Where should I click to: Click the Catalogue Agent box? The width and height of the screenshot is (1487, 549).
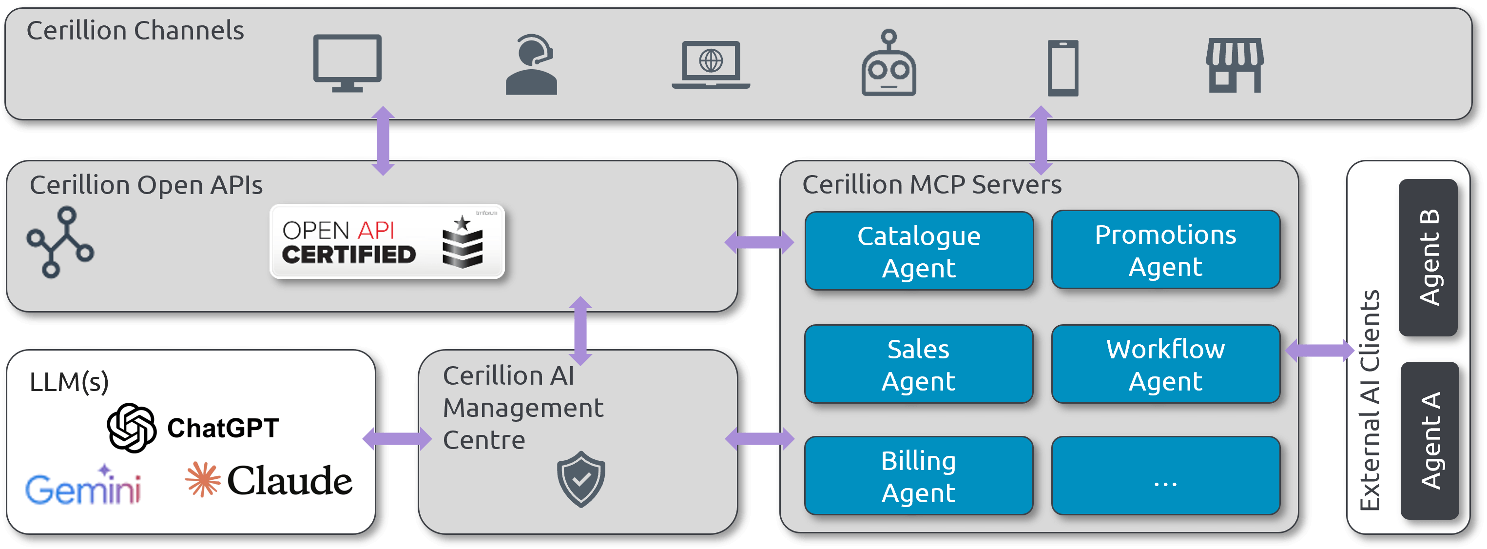click(x=918, y=251)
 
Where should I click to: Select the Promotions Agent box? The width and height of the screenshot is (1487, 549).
click(x=1165, y=250)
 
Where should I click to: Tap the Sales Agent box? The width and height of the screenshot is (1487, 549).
click(x=918, y=364)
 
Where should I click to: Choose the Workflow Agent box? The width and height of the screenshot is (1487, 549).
click(x=1165, y=364)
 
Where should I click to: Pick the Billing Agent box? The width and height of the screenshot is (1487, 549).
click(x=918, y=476)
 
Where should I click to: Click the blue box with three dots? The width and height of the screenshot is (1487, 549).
click(x=1165, y=476)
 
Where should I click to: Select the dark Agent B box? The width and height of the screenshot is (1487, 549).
click(x=1428, y=257)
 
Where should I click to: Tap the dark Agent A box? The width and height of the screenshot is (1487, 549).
click(x=1429, y=440)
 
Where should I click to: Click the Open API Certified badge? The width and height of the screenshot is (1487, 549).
click(x=387, y=241)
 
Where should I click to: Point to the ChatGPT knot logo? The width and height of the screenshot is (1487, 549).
click(x=132, y=428)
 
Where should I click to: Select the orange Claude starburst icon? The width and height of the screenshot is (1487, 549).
click(x=203, y=479)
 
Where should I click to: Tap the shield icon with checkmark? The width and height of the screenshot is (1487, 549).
click(x=581, y=479)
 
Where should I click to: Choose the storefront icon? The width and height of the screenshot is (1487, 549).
click(x=1235, y=65)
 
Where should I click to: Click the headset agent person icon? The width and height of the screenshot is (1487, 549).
click(x=532, y=65)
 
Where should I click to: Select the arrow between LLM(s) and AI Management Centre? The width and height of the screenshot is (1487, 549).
click(x=397, y=439)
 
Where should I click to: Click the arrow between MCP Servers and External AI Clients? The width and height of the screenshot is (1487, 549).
click(x=1320, y=350)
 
